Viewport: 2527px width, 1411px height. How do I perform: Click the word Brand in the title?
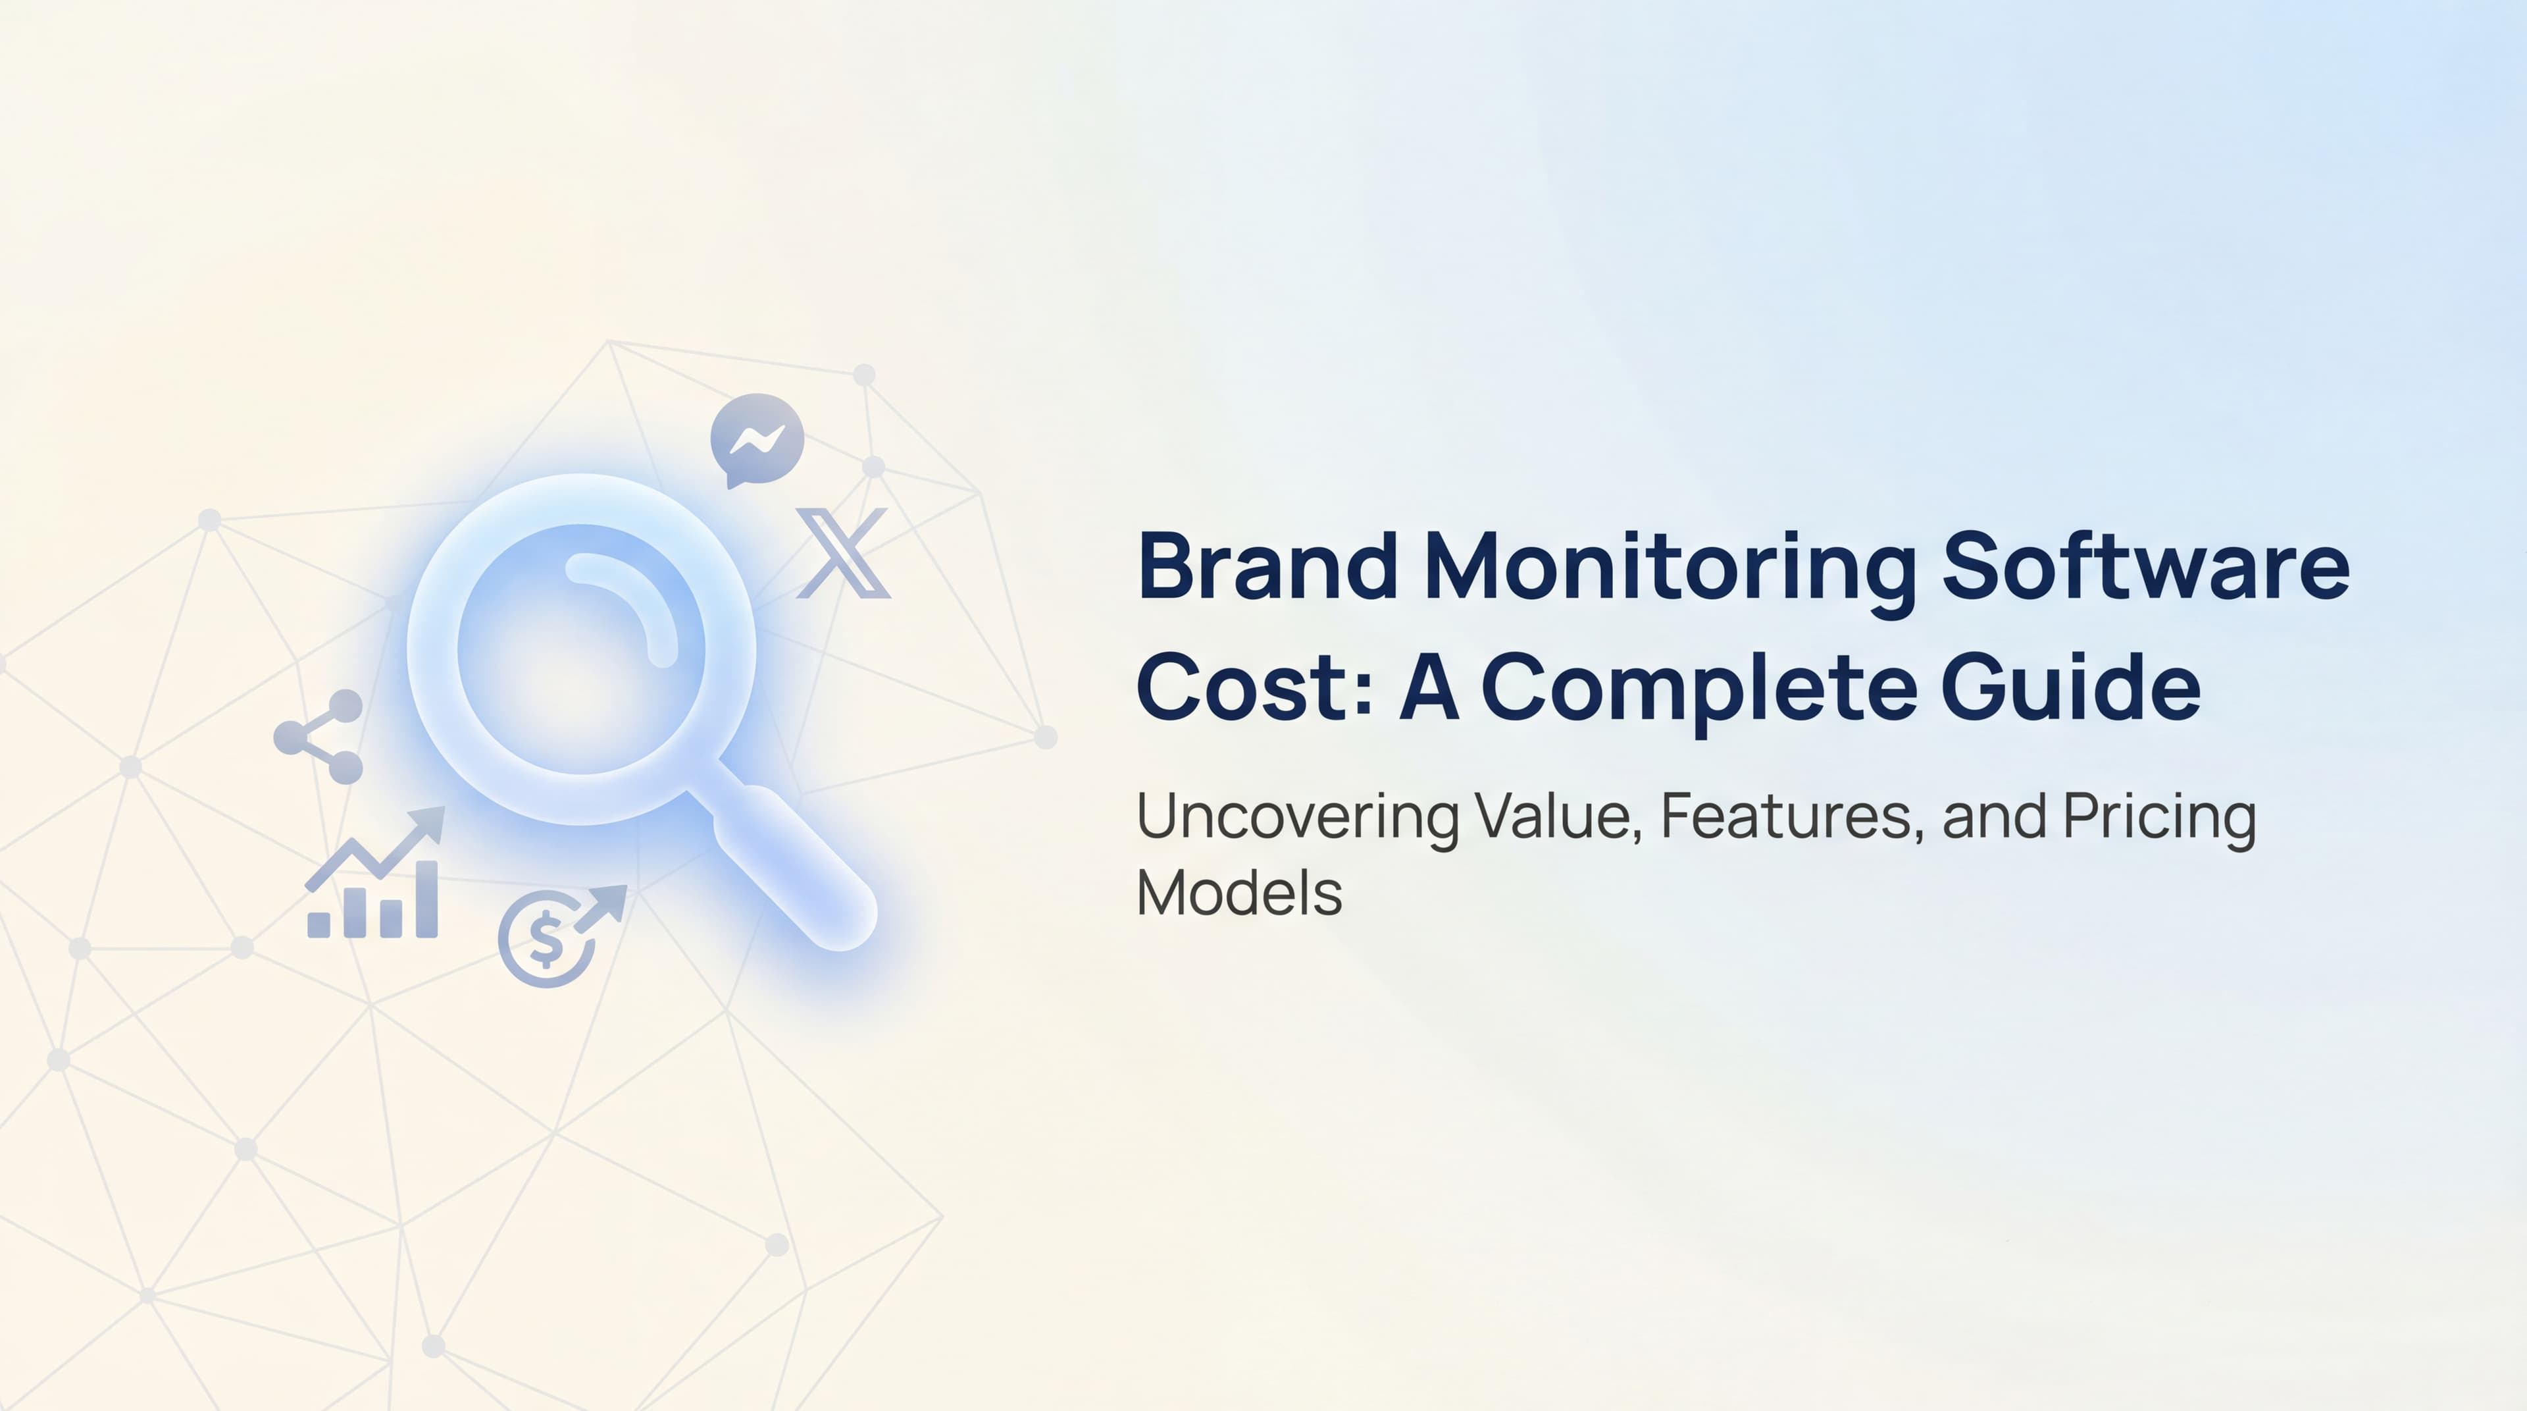(x=1266, y=567)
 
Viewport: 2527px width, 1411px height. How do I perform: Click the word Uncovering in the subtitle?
(x=1296, y=817)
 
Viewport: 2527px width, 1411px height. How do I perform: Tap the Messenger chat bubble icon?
(x=756, y=440)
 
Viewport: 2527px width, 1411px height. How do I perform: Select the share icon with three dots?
(x=319, y=737)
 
